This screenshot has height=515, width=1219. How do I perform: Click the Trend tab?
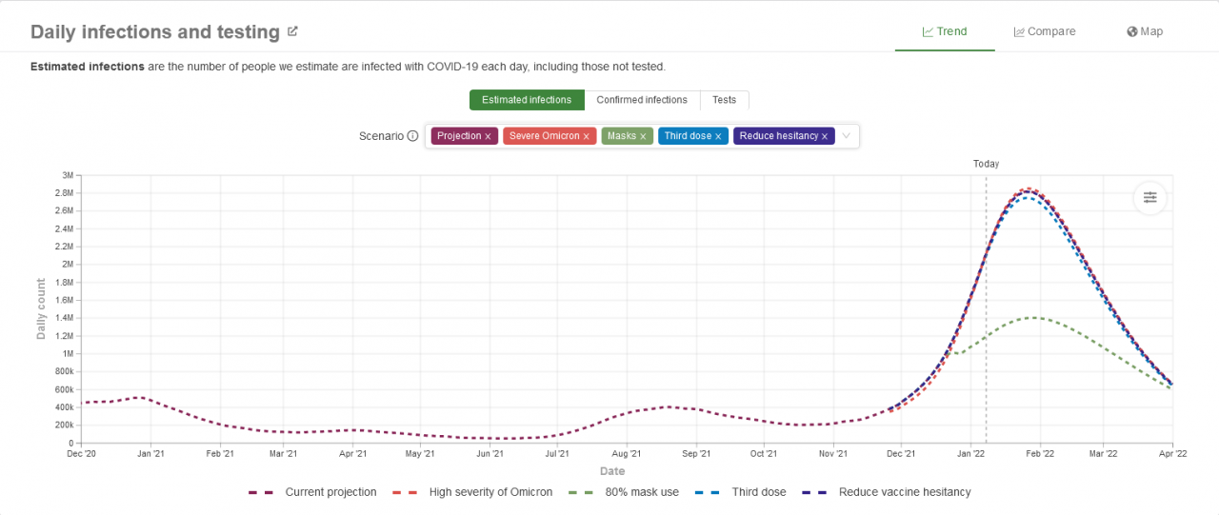coord(945,31)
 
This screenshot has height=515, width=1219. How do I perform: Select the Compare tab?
coord(1045,31)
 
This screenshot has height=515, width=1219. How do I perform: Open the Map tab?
coord(1145,31)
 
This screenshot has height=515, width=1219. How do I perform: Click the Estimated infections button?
coord(527,100)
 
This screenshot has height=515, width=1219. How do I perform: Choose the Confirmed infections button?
coord(642,100)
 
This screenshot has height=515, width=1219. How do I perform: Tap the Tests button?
coord(725,100)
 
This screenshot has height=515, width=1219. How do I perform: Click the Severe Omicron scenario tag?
coord(544,136)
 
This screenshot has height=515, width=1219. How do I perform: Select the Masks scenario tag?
coord(621,136)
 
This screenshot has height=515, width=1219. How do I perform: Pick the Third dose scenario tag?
coord(688,136)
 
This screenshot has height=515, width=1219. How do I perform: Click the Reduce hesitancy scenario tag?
coord(778,136)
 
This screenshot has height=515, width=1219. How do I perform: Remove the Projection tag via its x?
coord(488,137)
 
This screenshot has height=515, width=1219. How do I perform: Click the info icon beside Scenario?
coord(412,136)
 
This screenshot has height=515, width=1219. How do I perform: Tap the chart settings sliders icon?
coord(1150,197)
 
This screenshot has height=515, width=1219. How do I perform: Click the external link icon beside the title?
coord(292,31)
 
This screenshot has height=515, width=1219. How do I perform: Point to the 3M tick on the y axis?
coord(68,175)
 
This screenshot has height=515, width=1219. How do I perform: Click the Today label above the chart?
coord(986,164)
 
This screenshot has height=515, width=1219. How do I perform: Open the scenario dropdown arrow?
coord(846,136)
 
